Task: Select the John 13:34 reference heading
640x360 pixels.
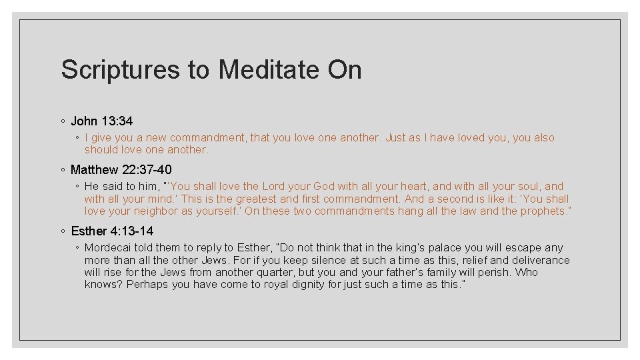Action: (x=101, y=121)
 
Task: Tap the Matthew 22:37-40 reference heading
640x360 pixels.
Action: (x=121, y=169)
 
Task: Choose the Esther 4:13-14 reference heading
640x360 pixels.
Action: (x=112, y=231)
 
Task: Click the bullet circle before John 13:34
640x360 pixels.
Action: (x=62, y=121)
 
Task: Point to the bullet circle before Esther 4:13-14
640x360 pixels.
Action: (x=62, y=231)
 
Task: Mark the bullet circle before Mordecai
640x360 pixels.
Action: (x=77, y=248)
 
